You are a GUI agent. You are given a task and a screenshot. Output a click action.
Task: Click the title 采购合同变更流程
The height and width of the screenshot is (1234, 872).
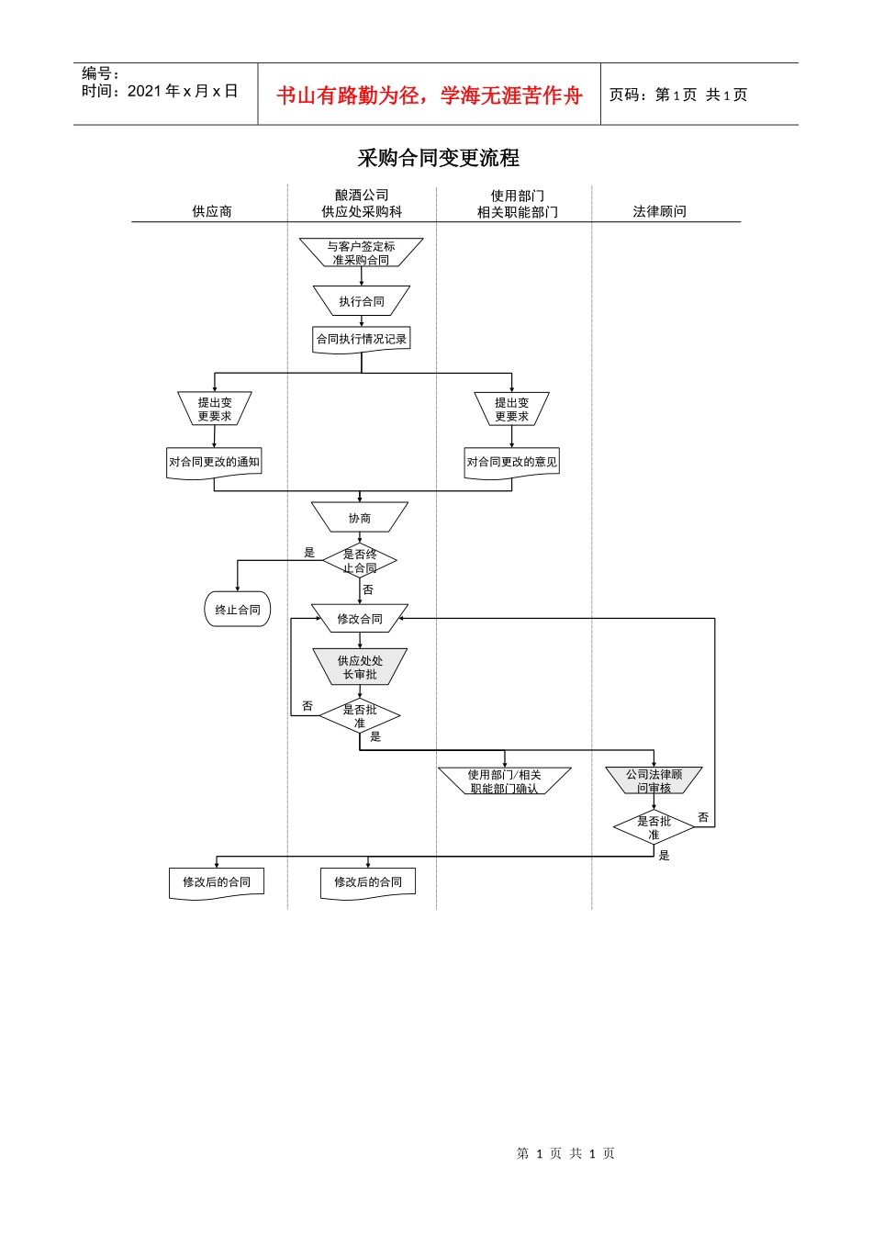438,158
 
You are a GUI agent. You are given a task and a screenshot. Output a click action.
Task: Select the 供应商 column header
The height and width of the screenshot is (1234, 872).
212,211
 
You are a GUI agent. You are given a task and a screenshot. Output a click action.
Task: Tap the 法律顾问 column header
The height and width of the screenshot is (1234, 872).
659,211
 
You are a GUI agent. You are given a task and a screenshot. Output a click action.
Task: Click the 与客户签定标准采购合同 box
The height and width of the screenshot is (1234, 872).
361,252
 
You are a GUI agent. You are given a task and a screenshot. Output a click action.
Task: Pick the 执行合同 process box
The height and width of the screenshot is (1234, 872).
361,301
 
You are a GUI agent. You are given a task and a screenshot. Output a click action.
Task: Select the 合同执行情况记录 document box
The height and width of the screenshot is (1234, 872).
361,339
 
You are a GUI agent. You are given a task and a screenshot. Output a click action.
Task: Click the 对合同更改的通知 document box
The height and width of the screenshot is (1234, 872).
214,462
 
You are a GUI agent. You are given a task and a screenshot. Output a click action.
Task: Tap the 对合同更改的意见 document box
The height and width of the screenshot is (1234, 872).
511,462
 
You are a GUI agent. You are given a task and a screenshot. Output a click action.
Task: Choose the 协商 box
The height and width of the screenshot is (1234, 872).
360,518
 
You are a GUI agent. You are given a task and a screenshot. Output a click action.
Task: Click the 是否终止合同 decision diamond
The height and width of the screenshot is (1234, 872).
360,561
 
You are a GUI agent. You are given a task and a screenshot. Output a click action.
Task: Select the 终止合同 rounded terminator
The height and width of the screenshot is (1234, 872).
238,610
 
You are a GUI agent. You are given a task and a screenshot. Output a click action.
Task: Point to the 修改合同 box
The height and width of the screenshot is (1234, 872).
360,619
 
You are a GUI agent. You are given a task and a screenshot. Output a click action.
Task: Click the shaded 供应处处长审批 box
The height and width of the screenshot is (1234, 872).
360,667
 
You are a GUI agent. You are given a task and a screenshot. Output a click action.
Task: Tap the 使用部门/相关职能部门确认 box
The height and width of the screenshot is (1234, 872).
504,781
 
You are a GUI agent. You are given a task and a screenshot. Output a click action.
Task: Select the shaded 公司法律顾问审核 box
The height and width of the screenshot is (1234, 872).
654,781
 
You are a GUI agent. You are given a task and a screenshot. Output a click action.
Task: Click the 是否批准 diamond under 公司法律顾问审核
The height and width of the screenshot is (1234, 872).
654,828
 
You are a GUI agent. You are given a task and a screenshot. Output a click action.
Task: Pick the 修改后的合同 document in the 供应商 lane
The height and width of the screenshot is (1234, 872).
217,882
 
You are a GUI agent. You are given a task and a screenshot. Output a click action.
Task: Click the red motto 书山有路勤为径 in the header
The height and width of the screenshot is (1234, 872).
430,95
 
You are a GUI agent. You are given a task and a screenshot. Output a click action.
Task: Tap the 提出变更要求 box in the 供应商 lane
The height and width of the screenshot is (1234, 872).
215,409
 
